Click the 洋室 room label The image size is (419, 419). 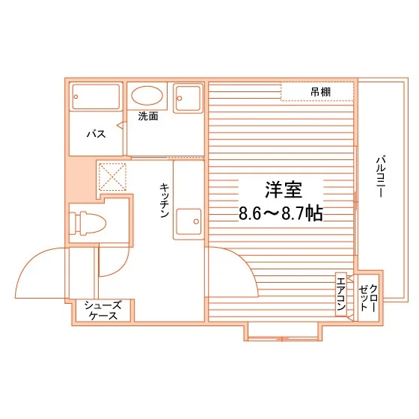point(284,190)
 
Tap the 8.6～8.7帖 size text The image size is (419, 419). point(281,213)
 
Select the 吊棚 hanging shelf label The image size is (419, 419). point(320,92)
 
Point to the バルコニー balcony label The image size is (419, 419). point(381,177)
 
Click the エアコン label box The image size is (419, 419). point(341,294)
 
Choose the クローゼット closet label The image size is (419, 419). point(368,298)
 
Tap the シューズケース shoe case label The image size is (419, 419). point(103,311)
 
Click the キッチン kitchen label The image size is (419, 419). point(165,201)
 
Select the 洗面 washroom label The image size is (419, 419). point(148,116)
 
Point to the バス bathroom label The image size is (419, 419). point(97,134)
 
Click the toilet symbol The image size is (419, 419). point(88,223)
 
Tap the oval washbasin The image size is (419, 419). point(147,96)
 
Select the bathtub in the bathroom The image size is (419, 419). point(96,97)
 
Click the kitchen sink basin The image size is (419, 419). point(189,221)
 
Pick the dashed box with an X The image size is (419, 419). point(112,177)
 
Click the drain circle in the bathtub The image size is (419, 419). point(76,97)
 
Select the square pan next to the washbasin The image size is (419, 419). point(188,97)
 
